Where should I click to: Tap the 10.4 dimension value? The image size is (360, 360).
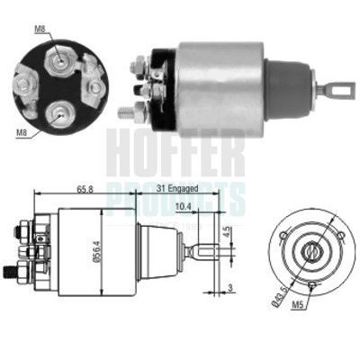(184, 206)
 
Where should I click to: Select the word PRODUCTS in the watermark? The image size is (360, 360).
(175, 194)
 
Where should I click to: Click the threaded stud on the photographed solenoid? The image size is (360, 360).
(127, 113)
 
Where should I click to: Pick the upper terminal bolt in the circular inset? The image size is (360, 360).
(60, 60)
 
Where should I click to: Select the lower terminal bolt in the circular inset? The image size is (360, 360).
(59, 112)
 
